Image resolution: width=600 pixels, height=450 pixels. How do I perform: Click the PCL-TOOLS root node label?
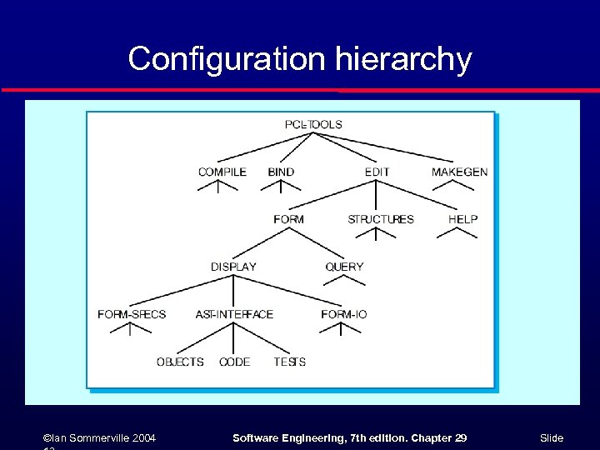click(313, 124)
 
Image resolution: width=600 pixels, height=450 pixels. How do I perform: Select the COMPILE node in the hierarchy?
click(222, 172)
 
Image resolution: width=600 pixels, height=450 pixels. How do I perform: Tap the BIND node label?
click(281, 172)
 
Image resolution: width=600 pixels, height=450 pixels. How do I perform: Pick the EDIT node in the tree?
click(377, 172)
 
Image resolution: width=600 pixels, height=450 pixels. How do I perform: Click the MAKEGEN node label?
click(459, 172)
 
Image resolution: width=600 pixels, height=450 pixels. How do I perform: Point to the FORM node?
click(288, 219)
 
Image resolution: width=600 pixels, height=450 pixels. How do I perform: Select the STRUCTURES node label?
click(380, 219)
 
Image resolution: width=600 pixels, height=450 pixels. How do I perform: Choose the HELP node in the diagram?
click(462, 219)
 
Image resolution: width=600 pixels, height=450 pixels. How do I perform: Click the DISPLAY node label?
click(233, 267)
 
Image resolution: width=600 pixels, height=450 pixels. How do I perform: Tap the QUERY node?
click(344, 267)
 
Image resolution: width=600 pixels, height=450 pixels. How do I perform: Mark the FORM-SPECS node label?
click(132, 314)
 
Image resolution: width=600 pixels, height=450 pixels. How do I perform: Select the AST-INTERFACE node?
click(234, 314)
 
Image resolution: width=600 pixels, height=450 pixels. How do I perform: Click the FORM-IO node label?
click(343, 314)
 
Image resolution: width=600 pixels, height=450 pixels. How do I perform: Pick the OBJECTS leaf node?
click(180, 362)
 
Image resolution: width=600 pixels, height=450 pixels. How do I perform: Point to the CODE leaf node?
click(234, 362)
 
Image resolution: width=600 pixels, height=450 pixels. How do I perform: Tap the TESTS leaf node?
click(289, 362)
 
